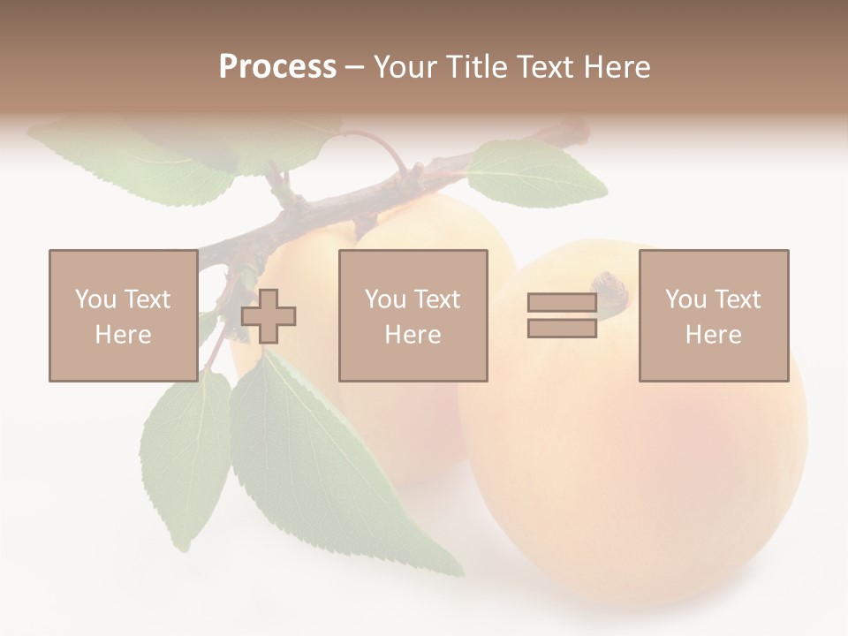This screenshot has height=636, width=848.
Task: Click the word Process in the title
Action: tap(277, 67)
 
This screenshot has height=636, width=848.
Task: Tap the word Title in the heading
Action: tap(478, 67)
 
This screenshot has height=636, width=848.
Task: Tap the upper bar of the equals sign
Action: tap(562, 303)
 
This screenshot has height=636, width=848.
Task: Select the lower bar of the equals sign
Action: tap(562, 328)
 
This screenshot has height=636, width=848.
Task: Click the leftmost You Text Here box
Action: tap(123, 315)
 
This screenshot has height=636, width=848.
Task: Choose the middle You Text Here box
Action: tap(413, 315)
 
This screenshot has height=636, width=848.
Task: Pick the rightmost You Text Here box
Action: tap(713, 315)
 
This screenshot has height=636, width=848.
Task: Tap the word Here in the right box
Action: tap(713, 335)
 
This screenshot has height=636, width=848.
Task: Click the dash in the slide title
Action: tap(354, 67)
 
